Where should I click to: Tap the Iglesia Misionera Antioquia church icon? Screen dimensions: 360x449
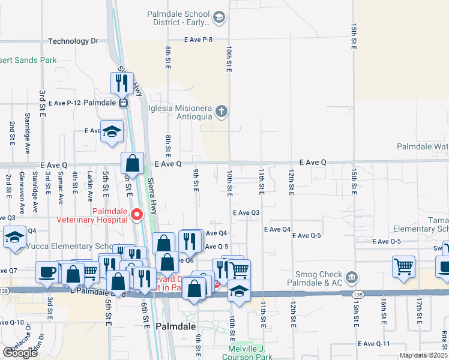click(x=222, y=110)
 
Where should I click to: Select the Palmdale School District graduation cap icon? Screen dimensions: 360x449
click(x=218, y=18)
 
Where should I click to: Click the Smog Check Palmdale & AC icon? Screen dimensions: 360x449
click(x=352, y=278)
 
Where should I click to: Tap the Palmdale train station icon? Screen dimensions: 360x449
click(x=123, y=103)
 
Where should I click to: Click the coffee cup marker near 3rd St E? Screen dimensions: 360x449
click(x=47, y=272)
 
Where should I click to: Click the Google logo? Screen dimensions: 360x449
click(x=20, y=352)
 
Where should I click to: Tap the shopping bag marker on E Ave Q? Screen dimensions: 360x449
click(x=132, y=163)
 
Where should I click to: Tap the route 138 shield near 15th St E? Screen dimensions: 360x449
click(x=358, y=295)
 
